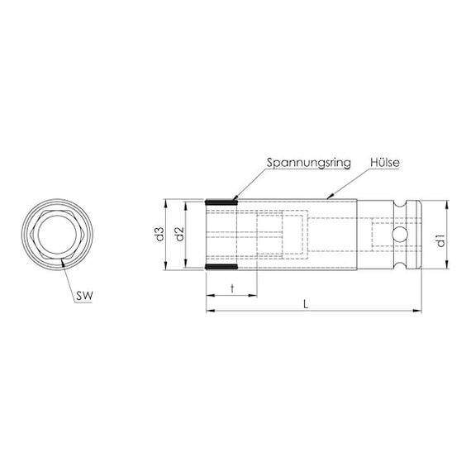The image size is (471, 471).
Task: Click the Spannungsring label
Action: [x=308, y=163]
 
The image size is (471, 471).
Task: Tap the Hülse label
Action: [x=385, y=163]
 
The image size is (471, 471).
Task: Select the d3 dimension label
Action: [x=159, y=235]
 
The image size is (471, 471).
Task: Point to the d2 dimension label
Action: [x=179, y=235]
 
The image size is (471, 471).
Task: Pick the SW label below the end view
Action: [x=84, y=296]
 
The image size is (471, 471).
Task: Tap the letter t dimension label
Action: [x=232, y=289]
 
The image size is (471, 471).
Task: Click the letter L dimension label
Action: [x=306, y=305]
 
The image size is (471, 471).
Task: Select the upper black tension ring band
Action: [x=221, y=202]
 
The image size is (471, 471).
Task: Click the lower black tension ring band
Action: [x=221, y=266]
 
